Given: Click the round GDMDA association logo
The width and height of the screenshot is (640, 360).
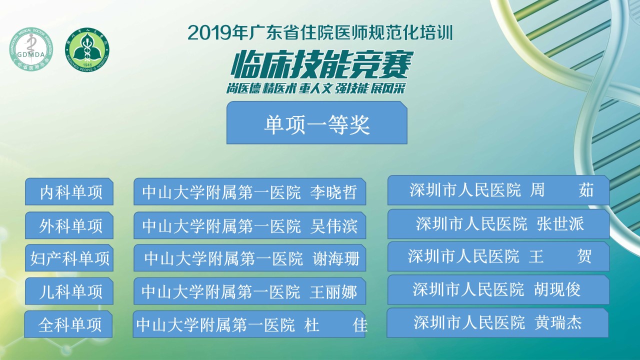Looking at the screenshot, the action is [31, 49].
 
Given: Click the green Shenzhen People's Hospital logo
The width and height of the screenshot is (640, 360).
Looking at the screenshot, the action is [87, 49].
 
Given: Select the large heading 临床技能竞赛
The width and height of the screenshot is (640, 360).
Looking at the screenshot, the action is [321, 64].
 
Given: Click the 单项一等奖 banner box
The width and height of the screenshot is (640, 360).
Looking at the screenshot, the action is [317, 122].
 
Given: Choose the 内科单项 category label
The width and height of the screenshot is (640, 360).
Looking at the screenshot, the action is [71, 192].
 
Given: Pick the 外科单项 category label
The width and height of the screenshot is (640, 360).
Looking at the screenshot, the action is [71, 225].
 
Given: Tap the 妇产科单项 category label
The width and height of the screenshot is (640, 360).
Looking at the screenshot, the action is [69, 258].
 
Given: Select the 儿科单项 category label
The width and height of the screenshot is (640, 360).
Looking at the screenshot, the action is [71, 291].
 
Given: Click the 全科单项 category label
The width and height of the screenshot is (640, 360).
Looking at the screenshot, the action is [70, 325].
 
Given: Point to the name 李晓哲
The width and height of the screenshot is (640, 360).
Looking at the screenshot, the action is [333, 192].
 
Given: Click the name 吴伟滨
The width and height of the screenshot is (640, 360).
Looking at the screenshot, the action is [333, 225].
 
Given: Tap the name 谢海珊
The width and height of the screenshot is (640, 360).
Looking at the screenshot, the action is [336, 258].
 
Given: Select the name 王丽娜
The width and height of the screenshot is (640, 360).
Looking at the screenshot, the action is [333, 291].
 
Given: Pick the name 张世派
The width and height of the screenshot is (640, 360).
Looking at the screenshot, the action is [560, 223].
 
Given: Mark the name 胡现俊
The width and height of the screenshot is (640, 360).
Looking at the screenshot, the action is [557, 289].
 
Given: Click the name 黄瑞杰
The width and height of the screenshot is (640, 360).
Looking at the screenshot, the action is [558, 322].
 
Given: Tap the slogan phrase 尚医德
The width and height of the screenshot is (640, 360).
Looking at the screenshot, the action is [243, 88].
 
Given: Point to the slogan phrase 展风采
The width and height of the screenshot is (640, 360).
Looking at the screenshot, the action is [388, 88].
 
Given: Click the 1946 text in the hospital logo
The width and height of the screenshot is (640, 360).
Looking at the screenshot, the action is [87, 65].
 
